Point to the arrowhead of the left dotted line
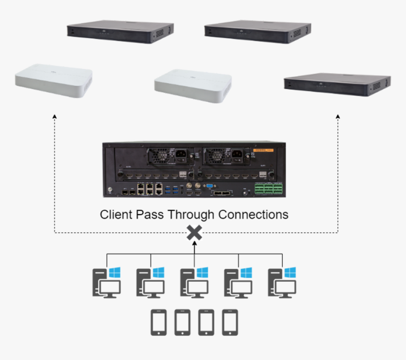tap(54, 116)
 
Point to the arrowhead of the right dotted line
tap(338, 116)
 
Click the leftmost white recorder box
tap(53, 80)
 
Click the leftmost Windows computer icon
tap(106, 282)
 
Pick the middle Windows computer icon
tap(194, 282)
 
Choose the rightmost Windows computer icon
tap(282, 282)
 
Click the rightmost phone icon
tap(229, 322)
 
